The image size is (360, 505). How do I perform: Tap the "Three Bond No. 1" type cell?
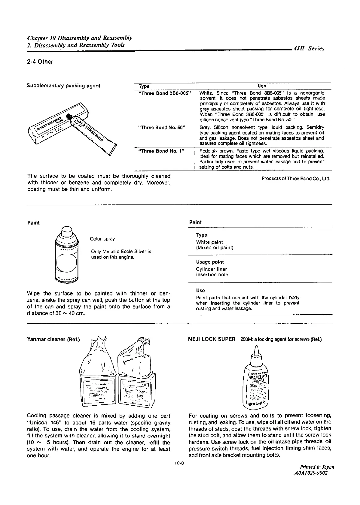161,151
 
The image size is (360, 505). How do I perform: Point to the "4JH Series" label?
309,49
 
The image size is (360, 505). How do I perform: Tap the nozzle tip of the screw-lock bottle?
256,349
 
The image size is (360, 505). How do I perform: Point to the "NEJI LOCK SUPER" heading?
212,339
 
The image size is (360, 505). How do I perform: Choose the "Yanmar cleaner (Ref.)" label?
53,339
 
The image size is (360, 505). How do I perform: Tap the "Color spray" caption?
102,239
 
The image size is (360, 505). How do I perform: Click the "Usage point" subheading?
210,262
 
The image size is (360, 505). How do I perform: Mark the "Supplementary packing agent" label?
63,86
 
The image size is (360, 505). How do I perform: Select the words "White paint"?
209,242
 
